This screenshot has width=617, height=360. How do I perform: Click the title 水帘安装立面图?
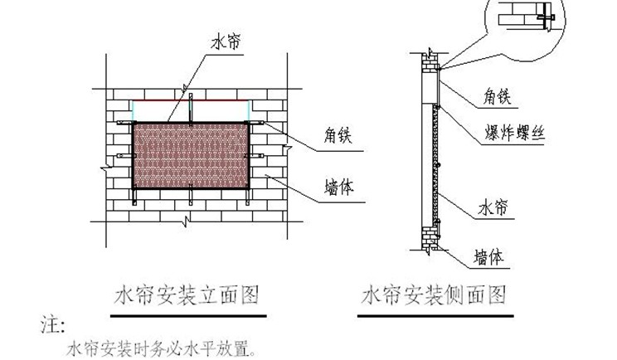tap(187, 294)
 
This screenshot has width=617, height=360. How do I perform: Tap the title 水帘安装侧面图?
tap(434, 294)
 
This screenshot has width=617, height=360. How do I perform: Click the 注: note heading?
tap(52, 322)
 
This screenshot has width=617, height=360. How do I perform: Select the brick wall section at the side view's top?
tap(428, 62)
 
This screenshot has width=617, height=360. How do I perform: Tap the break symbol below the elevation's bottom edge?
tap(189, 220)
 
